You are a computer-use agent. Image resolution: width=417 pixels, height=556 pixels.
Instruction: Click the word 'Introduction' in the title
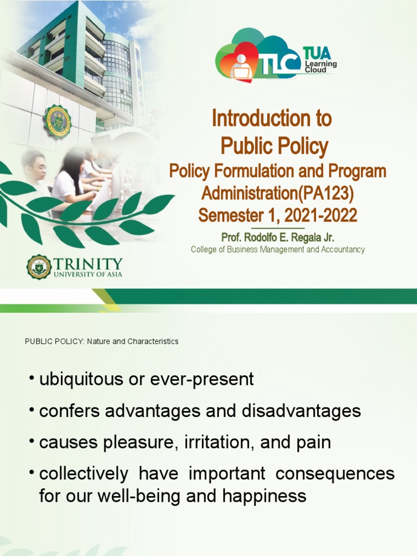point(271,119)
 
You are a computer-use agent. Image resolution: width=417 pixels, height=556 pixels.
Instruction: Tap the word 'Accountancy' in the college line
point(340,250)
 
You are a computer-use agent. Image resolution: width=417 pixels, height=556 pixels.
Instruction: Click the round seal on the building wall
point(57,121)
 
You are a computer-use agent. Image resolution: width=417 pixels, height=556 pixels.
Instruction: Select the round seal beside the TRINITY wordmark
point(39,267)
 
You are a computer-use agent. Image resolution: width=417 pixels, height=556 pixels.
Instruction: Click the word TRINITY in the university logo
point(88,263)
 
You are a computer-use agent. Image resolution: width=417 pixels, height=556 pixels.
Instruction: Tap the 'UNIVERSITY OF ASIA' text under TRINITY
point(88,274)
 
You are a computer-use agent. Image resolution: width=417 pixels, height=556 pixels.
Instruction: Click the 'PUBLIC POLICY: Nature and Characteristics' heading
point(102,342)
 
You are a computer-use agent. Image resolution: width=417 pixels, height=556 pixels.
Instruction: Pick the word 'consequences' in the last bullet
point(335,473)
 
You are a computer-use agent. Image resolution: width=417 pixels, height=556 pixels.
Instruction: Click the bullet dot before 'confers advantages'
point(31,412)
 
